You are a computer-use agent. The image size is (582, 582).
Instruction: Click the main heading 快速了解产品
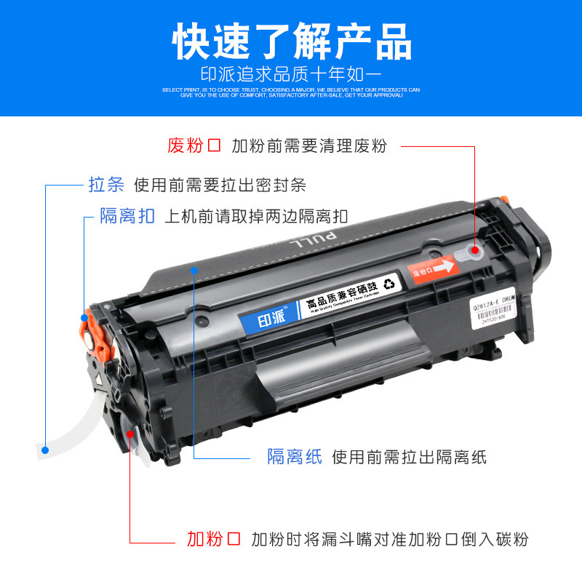[x=291, y=42]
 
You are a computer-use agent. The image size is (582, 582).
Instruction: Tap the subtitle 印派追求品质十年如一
[x=291, y=74]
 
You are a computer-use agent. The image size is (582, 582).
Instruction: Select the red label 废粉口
[x=194, y=145]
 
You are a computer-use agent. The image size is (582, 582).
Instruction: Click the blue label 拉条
[x=106, y=185]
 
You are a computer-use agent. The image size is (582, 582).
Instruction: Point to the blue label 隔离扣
[x=128, y=216]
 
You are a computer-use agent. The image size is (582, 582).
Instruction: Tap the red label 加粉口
[x=213, y=539]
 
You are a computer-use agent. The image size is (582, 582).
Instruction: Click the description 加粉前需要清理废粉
[x=309, y=145]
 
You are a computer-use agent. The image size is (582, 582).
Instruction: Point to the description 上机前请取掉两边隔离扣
[x=257, y=216]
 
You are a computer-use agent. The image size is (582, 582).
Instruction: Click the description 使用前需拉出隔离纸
[x=409, y=457]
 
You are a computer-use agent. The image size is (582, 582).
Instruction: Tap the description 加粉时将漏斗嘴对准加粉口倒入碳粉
[x=389, y=539]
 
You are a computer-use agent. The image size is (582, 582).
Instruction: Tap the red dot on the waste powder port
[x=474, y=251]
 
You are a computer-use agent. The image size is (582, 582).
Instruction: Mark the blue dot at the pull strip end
[x=45, y=450]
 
